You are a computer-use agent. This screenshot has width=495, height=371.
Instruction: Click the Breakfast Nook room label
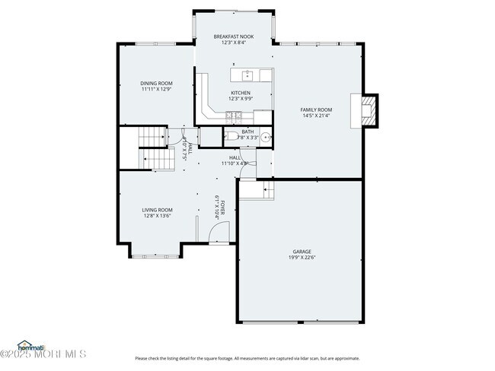pos(233,36)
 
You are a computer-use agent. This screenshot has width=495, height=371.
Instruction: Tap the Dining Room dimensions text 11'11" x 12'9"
pos(156,89)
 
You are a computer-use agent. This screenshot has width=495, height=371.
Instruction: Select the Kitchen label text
pos(240,93)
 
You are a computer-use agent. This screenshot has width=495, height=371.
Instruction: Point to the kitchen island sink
pos(247,75)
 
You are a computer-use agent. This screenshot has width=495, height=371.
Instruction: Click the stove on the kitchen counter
pos(234,116)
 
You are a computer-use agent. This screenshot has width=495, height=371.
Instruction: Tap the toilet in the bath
pos(231,137)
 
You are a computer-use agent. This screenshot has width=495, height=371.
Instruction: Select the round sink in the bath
pos(263,138)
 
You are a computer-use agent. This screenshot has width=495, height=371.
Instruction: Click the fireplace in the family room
pos(368,110)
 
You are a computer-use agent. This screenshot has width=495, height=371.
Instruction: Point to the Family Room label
pos(315,109)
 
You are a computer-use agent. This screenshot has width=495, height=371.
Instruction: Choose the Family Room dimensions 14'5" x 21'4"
pos(315,116)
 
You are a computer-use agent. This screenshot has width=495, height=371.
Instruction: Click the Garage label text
pos(302,252)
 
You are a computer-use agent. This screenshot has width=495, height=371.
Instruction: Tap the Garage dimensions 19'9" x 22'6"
pos(302,258)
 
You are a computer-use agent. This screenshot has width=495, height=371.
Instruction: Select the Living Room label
pos(157,210)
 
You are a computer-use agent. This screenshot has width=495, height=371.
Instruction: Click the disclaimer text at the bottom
pos(247,358)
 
